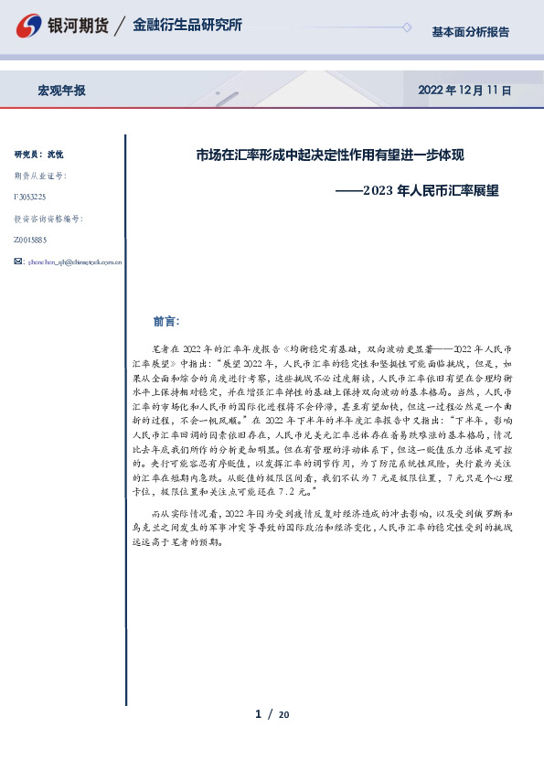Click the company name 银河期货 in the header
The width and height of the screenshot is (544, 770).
(x=77, y=26)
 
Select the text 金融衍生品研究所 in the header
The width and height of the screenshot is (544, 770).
(x=187, y=26)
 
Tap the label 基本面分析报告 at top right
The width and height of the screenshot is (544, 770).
(x=470, y=32)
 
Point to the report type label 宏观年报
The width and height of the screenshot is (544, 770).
(x=61, y=91)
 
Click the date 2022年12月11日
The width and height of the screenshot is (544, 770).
(x=464, y=91)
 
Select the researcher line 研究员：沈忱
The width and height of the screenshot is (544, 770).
(x=38, y=154)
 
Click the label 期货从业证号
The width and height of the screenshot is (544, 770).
(x=40, y=175)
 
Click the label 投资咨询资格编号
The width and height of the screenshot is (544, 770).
(x=48, y=219)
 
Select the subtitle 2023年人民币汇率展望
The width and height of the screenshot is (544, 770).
(x=431, y=191)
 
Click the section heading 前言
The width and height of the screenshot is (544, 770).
(x=167, y=322)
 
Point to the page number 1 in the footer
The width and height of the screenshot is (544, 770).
(x=259, y=713)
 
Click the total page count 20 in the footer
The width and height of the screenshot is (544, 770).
(x=283, y=714)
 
